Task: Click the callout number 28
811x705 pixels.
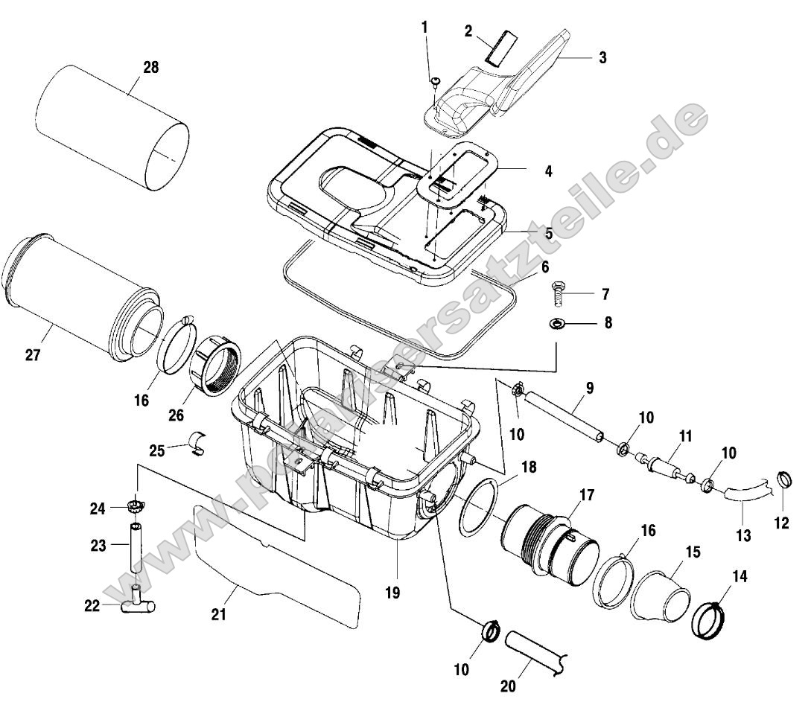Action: coord(150,68)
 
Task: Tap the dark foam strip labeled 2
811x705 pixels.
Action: coord(499,46)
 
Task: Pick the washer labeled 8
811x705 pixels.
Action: coord(556,324)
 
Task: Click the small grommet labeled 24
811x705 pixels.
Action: coord(134,508)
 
